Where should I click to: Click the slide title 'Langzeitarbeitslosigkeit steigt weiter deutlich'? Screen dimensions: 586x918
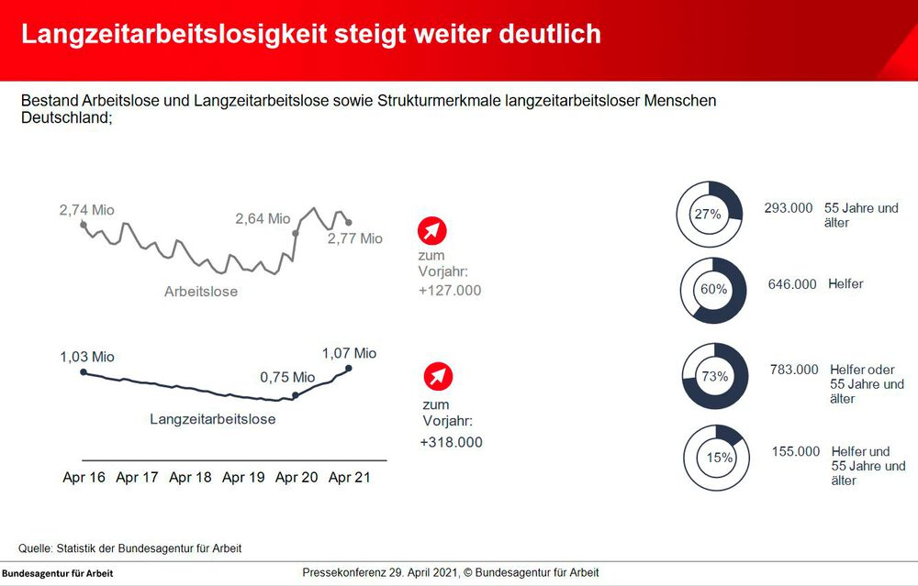(311, 35)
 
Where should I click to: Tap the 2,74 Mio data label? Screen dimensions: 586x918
(86, 210)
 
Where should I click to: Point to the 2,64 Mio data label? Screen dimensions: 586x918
(263, 219)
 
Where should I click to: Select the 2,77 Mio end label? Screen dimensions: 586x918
(354, 238)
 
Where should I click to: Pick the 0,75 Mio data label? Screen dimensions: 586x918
(287, 377)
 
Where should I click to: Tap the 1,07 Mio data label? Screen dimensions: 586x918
(349, 353)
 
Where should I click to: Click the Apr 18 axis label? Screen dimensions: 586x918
(192, 478)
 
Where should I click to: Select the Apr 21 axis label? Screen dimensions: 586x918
(350, 478)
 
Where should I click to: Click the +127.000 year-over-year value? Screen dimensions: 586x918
(450, 291)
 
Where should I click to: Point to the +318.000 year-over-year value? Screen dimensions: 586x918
(451, 442)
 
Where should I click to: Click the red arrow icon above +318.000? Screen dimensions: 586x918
(438, 377)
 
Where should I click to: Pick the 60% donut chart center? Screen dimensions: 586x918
(713, 289)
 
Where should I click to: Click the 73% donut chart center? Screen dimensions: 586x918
(715, 376)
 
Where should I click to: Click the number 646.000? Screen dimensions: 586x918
(792, 284)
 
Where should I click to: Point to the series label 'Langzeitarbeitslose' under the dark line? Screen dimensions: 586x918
(212, 419)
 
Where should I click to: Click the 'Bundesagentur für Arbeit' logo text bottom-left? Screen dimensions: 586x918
(58, 573)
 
